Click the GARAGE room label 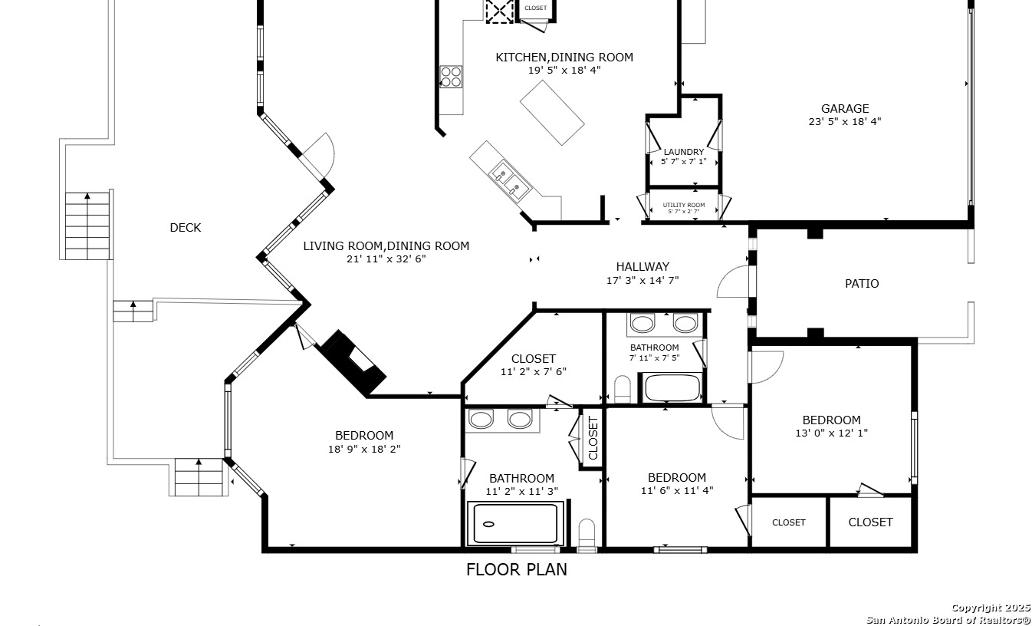844,109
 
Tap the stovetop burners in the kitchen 451,77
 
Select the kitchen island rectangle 552,113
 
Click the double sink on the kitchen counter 510,180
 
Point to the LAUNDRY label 684,152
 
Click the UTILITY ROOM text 684,205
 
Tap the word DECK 186,228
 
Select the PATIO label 862,284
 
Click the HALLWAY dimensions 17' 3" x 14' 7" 643,280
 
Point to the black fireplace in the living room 353,363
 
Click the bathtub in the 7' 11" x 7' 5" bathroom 672,387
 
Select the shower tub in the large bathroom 515,523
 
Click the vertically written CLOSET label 593,438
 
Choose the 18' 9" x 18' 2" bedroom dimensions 364,449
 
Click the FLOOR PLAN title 517,570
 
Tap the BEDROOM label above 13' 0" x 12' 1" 831,420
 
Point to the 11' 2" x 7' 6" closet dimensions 533,371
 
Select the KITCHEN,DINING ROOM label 564,58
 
